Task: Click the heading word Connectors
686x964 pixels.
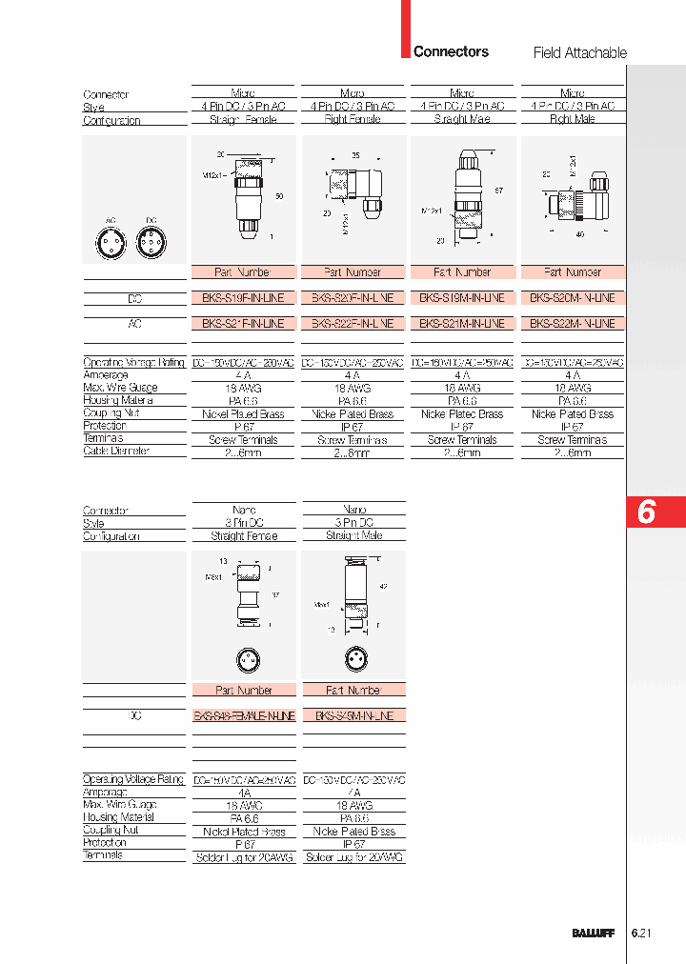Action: click(451, 51)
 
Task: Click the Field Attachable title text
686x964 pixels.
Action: click(579, 52)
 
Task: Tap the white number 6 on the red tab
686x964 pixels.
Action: click(646, 512)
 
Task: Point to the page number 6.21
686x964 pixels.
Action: click(642, 934)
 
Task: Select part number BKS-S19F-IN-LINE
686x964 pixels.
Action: click(244, 298)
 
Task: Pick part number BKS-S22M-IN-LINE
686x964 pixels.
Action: click(573, 324)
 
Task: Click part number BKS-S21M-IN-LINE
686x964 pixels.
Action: click(462, 324)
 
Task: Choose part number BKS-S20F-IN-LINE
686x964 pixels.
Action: click(353, 298)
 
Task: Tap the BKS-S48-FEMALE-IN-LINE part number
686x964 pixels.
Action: click(244, 715)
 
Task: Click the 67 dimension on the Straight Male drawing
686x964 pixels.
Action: click(497, 191)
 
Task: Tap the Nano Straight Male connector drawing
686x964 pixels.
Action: click(353, 600)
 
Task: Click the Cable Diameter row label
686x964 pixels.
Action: click(116, 452)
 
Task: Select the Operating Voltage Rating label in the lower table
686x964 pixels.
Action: click(133, 779)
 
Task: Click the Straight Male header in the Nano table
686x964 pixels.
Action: click(353, 536)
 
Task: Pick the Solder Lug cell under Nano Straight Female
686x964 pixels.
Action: click(244, 857)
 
